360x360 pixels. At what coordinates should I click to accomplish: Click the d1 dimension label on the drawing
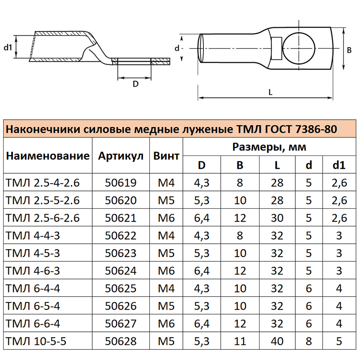coord(8,47)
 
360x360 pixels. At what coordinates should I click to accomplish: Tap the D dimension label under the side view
coord(135,84)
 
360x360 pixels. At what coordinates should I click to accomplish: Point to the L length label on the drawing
coord(270,92)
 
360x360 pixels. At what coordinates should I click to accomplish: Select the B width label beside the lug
coord(349,50)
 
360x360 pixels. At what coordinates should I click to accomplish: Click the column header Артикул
coord(121,156)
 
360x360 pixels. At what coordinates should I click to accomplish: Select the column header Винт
coord(166,156)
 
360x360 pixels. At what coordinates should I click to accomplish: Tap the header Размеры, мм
coord(269,147)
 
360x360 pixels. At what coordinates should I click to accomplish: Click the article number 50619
coord(121,183)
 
